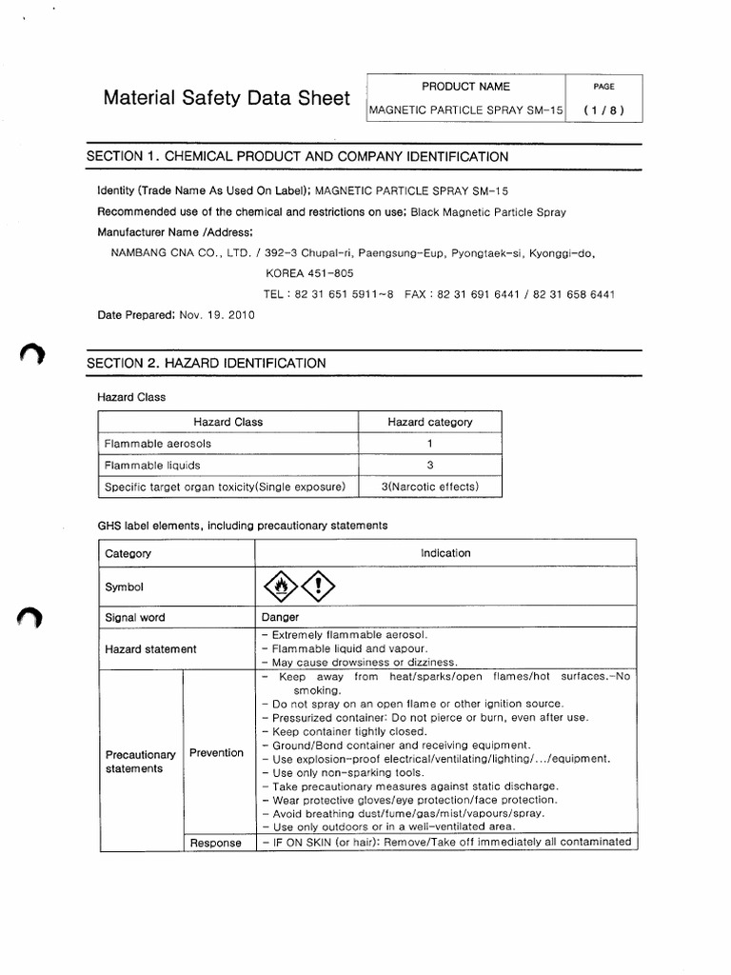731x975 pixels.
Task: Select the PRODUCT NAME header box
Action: (465, 87)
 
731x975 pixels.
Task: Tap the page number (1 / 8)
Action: (603, 110)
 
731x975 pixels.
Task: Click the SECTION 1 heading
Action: (297, 156)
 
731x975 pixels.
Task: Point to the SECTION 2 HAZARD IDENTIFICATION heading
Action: (206, 363)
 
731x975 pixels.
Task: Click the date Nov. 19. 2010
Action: (216, 315)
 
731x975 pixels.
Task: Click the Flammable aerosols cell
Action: (157, 443)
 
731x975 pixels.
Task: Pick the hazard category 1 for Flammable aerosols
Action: (429, 443)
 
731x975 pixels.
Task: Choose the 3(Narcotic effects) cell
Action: (429, 487)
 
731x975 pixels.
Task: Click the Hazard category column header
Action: (429, 422)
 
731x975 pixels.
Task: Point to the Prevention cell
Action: (216, 752)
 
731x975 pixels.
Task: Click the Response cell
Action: (216, 843)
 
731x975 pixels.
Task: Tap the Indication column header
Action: (445, 552)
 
